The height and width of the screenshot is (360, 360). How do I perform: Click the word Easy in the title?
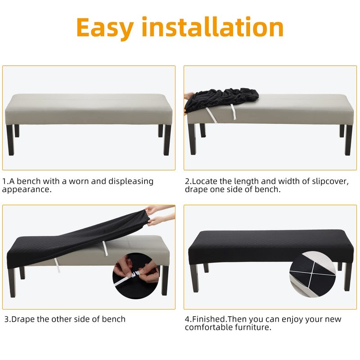(x=105, y=28)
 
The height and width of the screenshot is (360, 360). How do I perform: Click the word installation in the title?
(x=212, y=27)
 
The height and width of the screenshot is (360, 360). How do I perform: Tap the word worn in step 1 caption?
(x=78, y=181)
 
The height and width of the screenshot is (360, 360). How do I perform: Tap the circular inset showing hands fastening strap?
(x=136, y=276)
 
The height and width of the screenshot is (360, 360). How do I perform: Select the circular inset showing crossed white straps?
(x=312, y=274)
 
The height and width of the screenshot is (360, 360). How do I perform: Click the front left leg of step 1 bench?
(x=10, y=140)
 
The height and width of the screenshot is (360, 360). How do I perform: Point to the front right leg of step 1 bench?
(x=167, y=140)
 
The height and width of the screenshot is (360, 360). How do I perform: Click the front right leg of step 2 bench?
(x=348, y=140)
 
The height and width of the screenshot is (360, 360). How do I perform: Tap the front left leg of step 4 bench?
(x=195, y=278)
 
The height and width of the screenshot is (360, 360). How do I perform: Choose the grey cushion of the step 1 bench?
(x=89, y=109)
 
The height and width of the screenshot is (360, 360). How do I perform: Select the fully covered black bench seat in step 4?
(x=271, y=247)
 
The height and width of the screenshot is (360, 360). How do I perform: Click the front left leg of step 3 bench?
(x=12, y=283)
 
